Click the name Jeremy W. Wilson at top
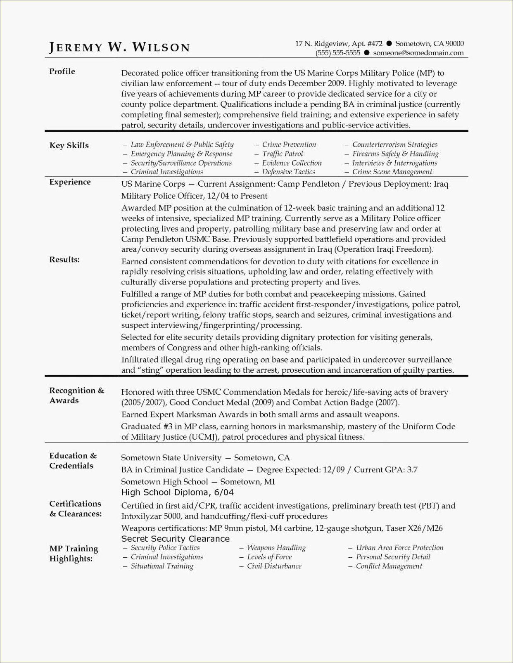pyautogui.click(x=119, y=47)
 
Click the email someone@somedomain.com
pyautogui.click(x=418, y=53)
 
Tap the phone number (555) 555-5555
pyautogui.click(x=337, y=53)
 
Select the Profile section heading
pyautogui.click(x=62, y=71)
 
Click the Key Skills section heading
pyautogui.click(x=69, y=145)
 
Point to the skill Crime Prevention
pyautogui.click(x=289, y=144)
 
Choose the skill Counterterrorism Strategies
pyautogui.click(x=394, y=144)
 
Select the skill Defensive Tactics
pyautogui.click(x=288, y=172)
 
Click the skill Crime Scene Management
pyautogui.click(x=392, y=172)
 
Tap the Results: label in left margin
pyautogui.click(x=64, y=259)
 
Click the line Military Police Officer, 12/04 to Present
pyautogui.click(x=194, y=196)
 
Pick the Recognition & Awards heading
pyautogui.click(x=76, y=395)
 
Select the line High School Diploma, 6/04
pyautogui.click(x=177, y=492)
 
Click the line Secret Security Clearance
pyautogui.click(x=175, y=538)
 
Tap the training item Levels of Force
pyautogui.click(x=269, y=556)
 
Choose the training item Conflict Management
pyautogui.click(x=389, y=566)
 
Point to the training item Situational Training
pyautogui.click(x=162, y=566)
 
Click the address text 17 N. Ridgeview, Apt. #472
pyautogui.click(x=338, y=43)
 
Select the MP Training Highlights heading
pyautogui.click(x=74, y=553)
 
